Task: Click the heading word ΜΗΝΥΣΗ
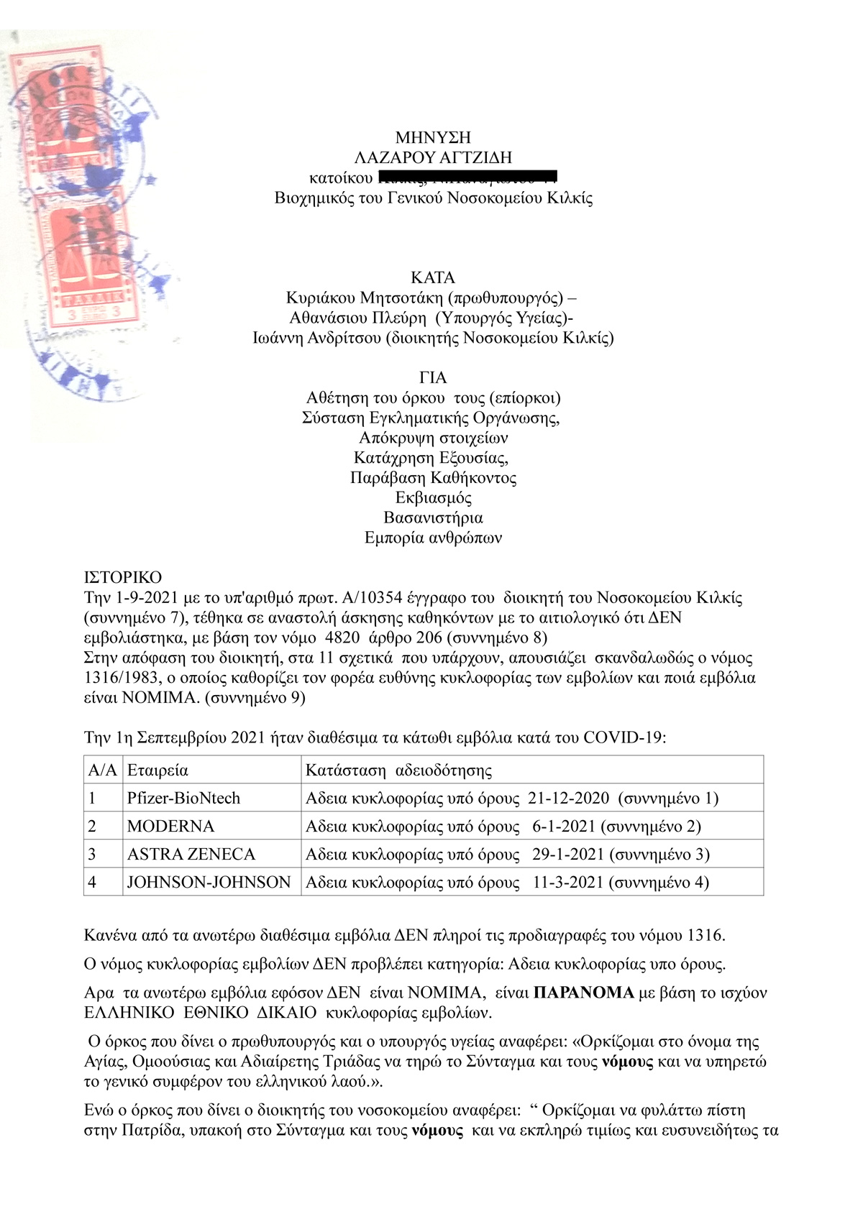[x=432, y=138]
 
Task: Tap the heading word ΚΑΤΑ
[x=432, y=277]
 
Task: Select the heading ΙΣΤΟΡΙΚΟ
[x=123, y=577]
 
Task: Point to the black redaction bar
[x=467, y=178]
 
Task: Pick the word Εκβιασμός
[x=433, y=498]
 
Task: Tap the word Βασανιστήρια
[x=433, y=518]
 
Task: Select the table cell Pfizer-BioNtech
[x=183, y=798]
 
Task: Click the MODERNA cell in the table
[x=170, y=826]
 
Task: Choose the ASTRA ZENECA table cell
[x=191, y=854]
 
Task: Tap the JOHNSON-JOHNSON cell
[x=209, y=882]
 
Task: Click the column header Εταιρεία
[x=157, y=771]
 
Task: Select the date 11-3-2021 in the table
[x=567, y=882]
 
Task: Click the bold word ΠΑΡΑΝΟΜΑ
[x=584, y=993]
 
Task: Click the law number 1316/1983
[x=121, y=678]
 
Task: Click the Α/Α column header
[x=102, y=771]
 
